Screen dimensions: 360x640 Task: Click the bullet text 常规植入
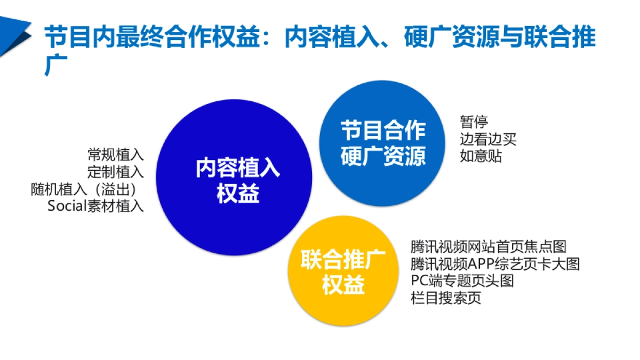click(116, 155)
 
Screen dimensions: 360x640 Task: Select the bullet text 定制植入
click(116, 172)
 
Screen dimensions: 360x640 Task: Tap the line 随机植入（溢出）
click(87, 189)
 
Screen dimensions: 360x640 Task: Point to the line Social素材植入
click(96, 206)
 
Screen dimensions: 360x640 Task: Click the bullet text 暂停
click(474, 123)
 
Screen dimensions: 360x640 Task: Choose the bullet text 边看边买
click(488, 140)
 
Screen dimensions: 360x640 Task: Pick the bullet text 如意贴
click(481, 157)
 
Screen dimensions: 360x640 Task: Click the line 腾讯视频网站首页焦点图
click(488, 247)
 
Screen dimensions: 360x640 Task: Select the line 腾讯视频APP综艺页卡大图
click(495, 264)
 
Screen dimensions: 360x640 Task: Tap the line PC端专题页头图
click(462, 281)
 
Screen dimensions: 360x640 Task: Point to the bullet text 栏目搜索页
click(446, 298)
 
